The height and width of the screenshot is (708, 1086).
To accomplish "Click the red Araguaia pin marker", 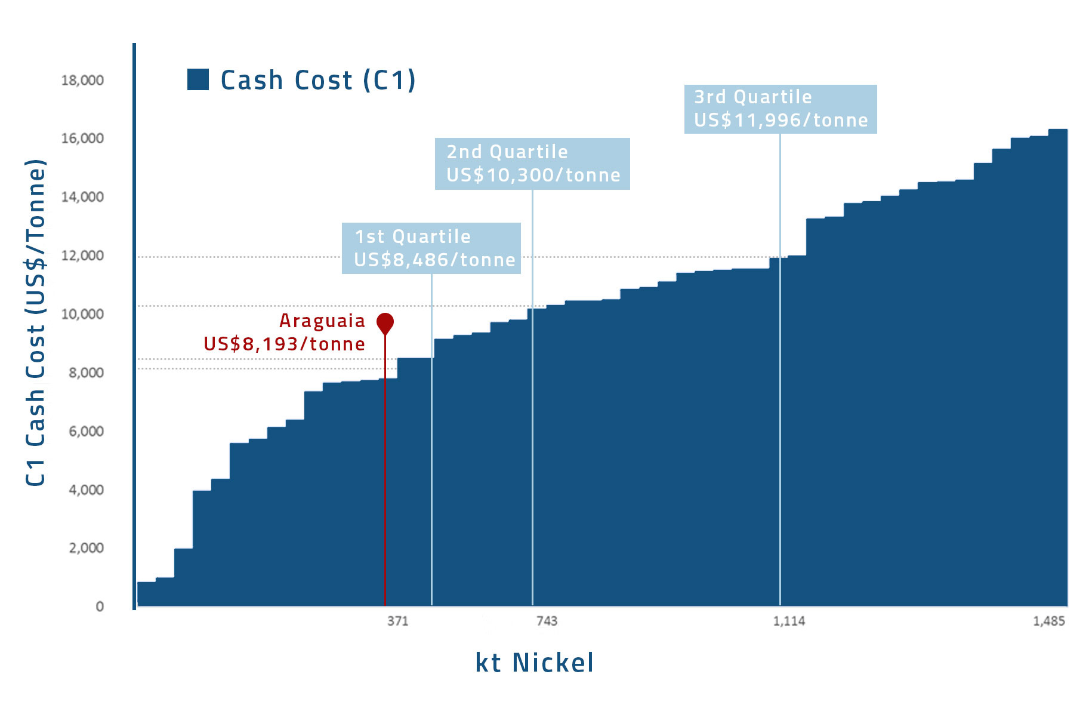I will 385,323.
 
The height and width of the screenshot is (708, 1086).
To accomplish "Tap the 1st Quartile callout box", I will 431,248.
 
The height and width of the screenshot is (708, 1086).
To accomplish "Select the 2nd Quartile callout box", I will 532,164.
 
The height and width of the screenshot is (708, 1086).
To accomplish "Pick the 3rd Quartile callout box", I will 780,109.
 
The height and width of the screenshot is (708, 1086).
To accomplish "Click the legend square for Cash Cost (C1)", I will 198,79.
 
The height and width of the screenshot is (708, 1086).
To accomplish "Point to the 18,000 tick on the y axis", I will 82,80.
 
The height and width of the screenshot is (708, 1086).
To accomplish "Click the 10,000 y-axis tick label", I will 82,314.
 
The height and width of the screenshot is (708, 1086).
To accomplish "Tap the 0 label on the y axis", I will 100,607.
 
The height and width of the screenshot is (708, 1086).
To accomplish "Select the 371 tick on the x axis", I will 398,621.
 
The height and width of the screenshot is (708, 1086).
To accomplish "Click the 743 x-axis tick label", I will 547,621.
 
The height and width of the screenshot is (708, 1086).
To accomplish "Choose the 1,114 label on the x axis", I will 789,621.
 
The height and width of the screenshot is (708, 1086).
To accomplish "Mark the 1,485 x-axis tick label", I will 1048,621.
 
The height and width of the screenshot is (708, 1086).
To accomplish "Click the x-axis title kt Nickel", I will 534,663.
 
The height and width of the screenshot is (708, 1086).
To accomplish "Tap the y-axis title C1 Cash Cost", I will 36,322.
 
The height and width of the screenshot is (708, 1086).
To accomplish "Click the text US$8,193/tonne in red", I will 284,344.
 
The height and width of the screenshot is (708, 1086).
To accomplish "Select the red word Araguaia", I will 322,321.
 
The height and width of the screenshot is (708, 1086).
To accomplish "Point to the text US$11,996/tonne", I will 780,121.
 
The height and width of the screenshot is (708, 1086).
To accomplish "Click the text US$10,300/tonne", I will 533,176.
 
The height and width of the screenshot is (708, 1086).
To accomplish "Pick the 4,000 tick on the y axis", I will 86,490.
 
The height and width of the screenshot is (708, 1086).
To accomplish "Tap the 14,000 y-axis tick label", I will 82,197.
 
